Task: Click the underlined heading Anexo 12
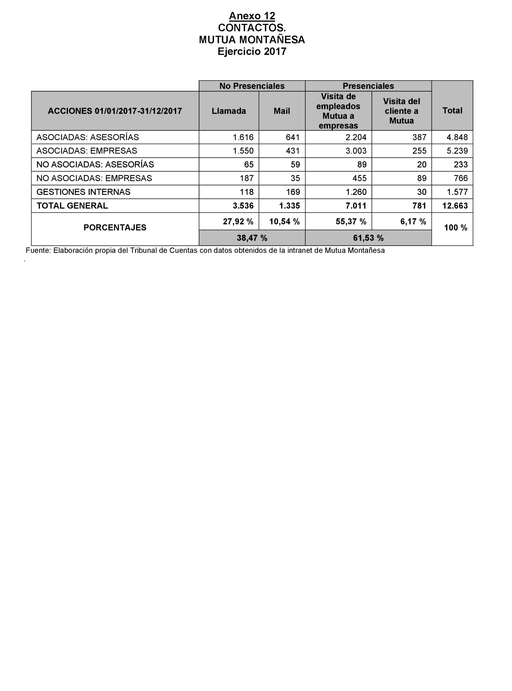(252, 16)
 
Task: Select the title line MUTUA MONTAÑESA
(252, 40)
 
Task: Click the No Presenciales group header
(252, 86)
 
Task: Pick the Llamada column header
(229, 111)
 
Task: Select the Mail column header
(281, 111)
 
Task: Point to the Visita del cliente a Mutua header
(401, 111)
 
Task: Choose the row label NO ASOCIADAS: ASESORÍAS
(95, 165)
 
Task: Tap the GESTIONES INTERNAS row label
(83, 192)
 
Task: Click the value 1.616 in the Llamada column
(243, 137)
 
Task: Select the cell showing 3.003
(356, 151)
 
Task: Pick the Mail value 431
(293, 151)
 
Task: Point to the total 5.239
(457, 151)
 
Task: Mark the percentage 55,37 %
(351, 222)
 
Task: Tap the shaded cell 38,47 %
(252, 238)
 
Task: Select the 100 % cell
(455, 228)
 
